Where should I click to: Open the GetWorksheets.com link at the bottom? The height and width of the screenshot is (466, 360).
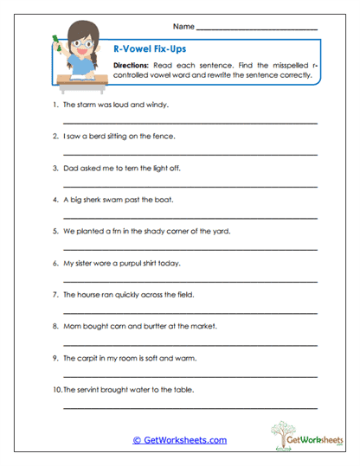(179, 440)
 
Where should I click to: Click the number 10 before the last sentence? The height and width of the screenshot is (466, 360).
(55, 390)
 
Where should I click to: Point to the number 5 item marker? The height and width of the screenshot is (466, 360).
(55, 231)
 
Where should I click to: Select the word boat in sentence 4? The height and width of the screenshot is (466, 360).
(164, 200)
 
